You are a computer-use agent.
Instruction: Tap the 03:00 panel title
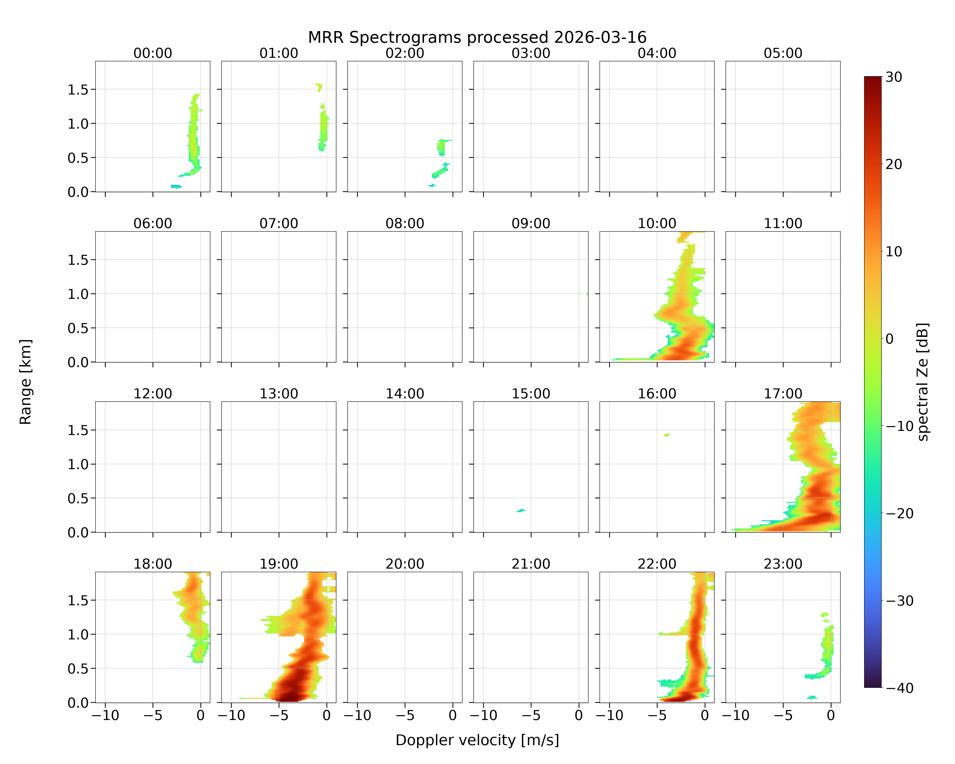531,53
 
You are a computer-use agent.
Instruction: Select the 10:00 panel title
657,223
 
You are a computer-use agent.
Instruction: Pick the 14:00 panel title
405,394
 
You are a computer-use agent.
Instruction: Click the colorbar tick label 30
894,77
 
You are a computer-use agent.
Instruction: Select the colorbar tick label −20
899,513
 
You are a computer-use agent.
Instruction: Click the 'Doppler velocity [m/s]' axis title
477,740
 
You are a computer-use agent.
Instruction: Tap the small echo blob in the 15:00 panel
521,511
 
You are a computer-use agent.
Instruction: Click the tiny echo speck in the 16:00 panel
667,435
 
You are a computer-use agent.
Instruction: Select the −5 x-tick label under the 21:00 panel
531,715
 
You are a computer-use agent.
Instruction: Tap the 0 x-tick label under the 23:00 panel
831,715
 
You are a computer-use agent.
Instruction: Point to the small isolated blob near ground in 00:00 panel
176,186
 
